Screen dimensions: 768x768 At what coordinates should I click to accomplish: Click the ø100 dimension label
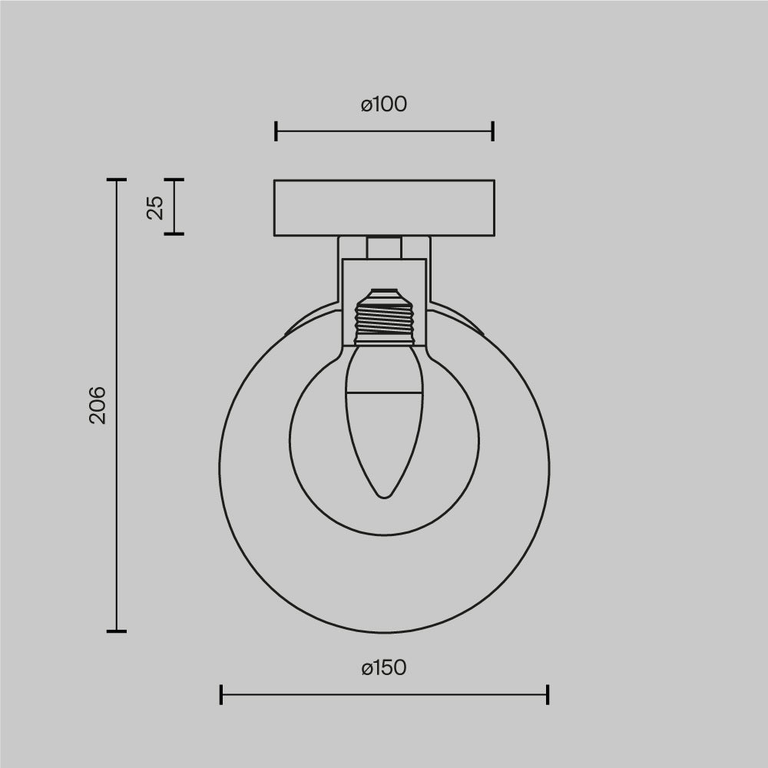(x=384, y=104)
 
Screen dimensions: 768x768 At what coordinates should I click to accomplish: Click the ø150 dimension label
(x=384, y=668)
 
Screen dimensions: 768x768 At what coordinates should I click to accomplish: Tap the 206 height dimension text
(x=98, y=405)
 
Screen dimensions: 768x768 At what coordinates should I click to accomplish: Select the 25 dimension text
(x=156, y=207)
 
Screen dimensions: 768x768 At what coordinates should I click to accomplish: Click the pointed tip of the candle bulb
(x=384, y=496)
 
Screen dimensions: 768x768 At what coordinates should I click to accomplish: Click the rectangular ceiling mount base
(x=384, y=207)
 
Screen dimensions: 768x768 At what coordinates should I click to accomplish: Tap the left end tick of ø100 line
(x=276, y=131)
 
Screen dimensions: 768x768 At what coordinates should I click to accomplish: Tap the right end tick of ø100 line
(x=493, y=131)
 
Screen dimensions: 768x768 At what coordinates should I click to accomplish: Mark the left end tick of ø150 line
(x=221, y=695)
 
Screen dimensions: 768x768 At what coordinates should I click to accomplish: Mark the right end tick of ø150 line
(x=548, y=695)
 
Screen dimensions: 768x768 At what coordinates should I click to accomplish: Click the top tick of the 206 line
(x=116, y=180)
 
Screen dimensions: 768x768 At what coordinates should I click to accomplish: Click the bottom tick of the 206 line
(x=116, y=631)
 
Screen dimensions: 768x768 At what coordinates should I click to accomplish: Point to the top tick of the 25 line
(x=174, y=180)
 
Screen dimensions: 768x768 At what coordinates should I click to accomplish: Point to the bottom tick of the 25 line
(x=174, y=233)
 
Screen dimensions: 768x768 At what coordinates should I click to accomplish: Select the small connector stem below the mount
(x=384, y=248)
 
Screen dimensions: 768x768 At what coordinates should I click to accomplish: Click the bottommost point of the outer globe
(x=384, y=633)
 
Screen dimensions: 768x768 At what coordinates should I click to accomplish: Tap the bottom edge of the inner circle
(x=384, y=535)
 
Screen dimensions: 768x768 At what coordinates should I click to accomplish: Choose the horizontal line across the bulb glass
(x=384, y=392)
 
